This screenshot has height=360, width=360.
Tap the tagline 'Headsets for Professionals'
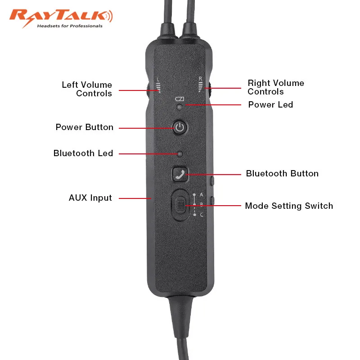(69, 26)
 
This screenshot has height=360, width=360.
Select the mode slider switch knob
(180, 206)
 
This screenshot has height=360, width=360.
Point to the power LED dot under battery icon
(180, 107)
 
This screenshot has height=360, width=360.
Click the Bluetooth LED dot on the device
(180, 154)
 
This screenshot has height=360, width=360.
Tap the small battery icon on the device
(180, 99)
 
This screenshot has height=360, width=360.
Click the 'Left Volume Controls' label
(87, 89)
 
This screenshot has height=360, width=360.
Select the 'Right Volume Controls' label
(275, 87)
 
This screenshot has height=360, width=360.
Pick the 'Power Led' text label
(270, 105)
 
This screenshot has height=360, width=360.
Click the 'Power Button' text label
(84, 127)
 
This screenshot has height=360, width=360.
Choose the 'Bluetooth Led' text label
(83, 153)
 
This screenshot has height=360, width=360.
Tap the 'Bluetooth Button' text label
(282, 174)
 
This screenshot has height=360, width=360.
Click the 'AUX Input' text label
(90, 198)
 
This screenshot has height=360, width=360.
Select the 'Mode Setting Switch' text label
(289, 206)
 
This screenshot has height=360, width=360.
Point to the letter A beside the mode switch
(202, 194)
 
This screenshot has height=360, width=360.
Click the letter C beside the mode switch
(202, 215)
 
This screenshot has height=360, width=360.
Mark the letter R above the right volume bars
(201, 79)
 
